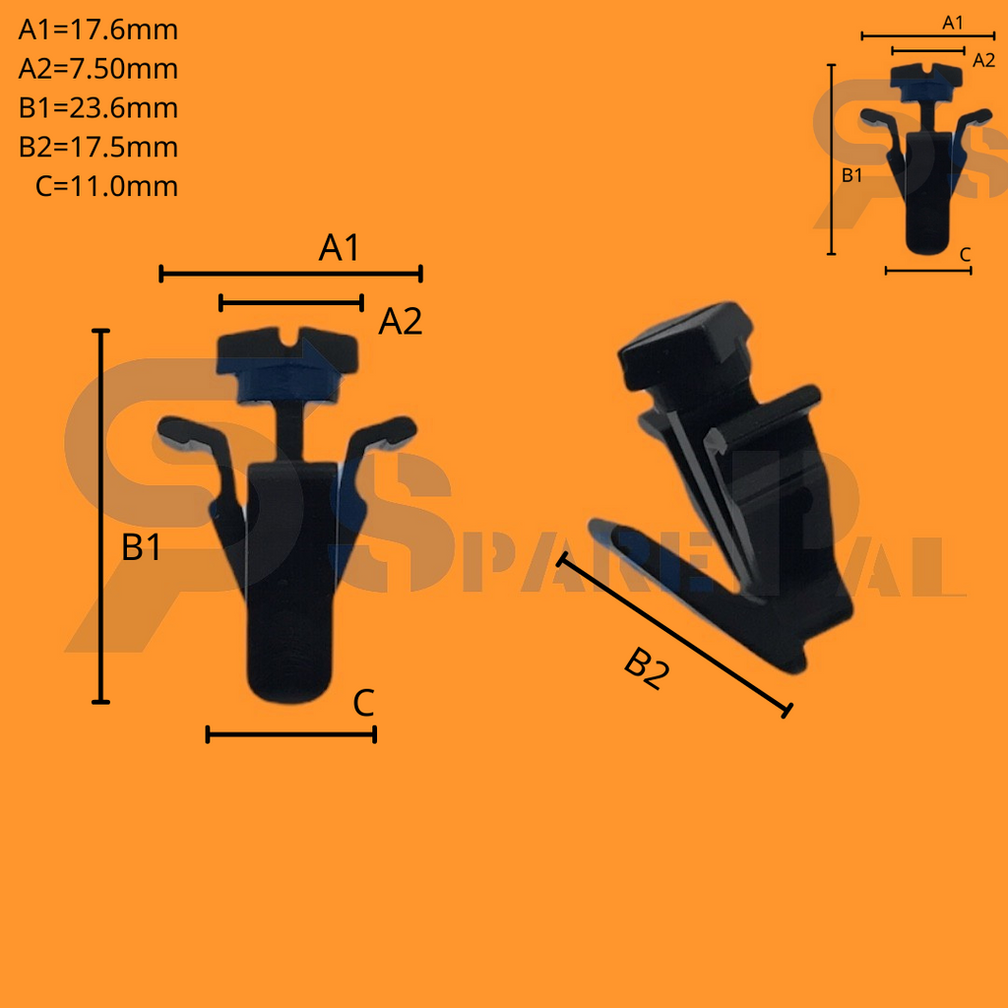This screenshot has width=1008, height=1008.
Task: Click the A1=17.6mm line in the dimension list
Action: pos(97,31)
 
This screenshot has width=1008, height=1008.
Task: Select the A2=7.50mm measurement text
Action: pos(97,69)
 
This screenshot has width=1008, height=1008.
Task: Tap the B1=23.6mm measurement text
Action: pos(97,108)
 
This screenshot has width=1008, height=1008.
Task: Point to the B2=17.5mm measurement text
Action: pos(97,148)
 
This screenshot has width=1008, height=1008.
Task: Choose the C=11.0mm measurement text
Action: pos(106,186)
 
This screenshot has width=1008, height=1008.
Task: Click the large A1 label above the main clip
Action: pos(339,247)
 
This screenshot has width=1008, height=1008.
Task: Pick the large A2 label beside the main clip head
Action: pos(400,322)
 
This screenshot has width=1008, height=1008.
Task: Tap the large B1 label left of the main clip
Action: pos(141,547)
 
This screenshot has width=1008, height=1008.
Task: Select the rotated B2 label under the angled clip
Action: pos(646,668)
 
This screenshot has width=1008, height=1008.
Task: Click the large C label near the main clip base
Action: pos(363,703)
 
